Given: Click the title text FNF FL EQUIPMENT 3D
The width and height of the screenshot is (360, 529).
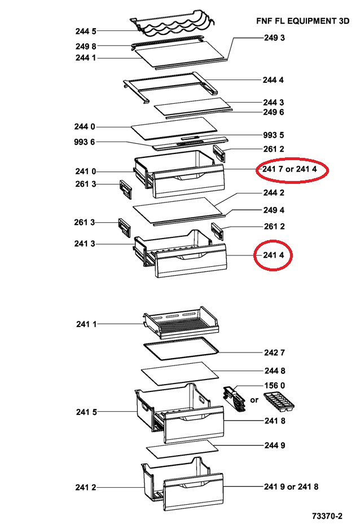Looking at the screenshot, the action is pyautogui.click(x=302, y=21).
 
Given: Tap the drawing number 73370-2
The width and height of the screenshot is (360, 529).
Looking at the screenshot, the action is pyautogui.click(x=327, y=516).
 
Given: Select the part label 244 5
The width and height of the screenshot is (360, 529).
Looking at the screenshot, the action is pyautogui.click(x=86, y=31).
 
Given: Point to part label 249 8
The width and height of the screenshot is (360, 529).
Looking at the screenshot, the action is pyautogui.click(x=86, y=46).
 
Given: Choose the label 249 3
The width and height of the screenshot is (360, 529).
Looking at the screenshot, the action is pyautogui.click(x=274, y=38).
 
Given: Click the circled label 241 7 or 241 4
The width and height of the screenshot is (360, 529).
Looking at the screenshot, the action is pyautogui.click(x=290, y=169).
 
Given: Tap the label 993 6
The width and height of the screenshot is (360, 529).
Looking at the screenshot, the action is pyautogui.click(x=84, y=142).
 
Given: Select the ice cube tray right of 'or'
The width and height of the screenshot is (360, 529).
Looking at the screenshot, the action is pyautogui.click(x=279, y=402).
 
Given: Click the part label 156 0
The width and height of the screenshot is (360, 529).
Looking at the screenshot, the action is pyautogui.click(x=274, y=385).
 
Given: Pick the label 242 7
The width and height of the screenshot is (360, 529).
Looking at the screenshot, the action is pyautogui.click(x=274, y=352).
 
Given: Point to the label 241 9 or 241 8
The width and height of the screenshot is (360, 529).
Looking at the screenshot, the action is pyautogui.click(x=291, y=487).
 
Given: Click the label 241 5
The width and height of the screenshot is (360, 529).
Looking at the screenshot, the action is pyautogui.click(x=86, y=412).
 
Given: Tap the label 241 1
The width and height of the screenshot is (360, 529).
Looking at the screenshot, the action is pyautogui.click(x=86, y=324).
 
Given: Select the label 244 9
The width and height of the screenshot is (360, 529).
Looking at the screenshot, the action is pyautogui.click(x=275, y=446).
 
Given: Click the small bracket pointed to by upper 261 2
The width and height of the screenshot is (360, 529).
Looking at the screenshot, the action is pyautogui.click(x=218, y=153).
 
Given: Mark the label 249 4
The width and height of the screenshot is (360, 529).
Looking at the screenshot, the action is pyautogui.click(x=274, y=210).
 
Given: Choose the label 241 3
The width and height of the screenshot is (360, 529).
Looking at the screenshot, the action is pyautogui.click(x=85, y=244).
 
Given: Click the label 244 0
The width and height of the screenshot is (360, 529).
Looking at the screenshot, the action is pyautogui.click(x=85, y=127).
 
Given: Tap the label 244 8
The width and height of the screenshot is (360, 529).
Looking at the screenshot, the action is pyautogui.click(x=275, y=371).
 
